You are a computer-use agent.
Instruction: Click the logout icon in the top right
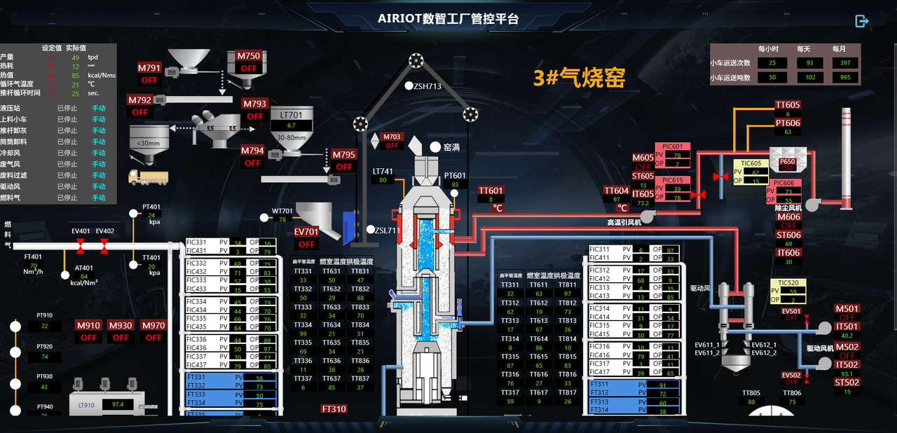click(862, 22)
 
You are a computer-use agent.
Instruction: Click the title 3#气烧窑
click(579, 78)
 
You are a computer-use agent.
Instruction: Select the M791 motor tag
click(149, 68)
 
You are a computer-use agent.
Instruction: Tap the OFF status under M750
click(249, 68)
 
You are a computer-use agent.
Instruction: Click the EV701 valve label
click(306, 232)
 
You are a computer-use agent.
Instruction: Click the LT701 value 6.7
click(292, 125)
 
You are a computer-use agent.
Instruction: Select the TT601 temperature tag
click(491, 191)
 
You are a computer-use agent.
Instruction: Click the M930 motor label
click(121, 325)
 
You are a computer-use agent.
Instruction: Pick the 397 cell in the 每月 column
click(844, 63)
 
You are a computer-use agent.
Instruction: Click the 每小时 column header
click(768, 49)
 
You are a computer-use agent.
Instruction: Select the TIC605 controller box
click(751, 172)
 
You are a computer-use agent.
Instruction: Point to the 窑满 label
click(451, 148)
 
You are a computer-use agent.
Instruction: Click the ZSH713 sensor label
click(427, 87)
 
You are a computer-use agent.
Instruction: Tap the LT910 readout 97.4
click(118, 404)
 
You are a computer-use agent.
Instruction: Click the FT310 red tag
click(334, 408)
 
